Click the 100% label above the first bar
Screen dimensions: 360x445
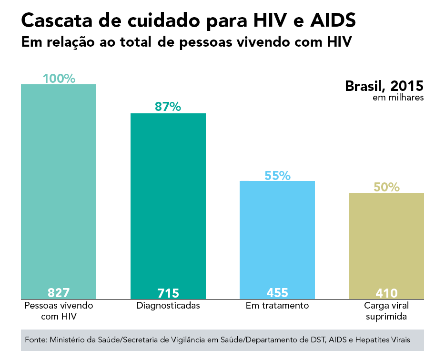pyautogui.click(x=59, y=79)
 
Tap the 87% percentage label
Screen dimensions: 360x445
pyautogui.click(x=168, y=107)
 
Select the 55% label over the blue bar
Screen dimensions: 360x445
pyautogui.click(x=277, y=176)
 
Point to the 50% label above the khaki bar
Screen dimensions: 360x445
pyautogui.click(x=386, y=187)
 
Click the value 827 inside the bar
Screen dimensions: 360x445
pyautogui.click(x=59, y=292)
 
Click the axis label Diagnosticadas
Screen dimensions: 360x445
pyautogui.click(x=168, y=306)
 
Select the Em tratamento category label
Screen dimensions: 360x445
pyautogui.click(x=277, y=306)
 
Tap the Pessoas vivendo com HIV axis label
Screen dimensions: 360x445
pyautogui.click(x=59, y=310)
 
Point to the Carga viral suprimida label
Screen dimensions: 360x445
pyautogui.click(x=386, y=310)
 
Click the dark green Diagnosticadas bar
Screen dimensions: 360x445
pyautogui.click(x=168, y=200)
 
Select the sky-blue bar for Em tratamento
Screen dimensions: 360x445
pyautogui.click(x=277, y=233)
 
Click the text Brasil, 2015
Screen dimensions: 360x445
pyautogui.click(x=384, y=86)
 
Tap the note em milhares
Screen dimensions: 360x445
pyautogui.click(x=398, y=98)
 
